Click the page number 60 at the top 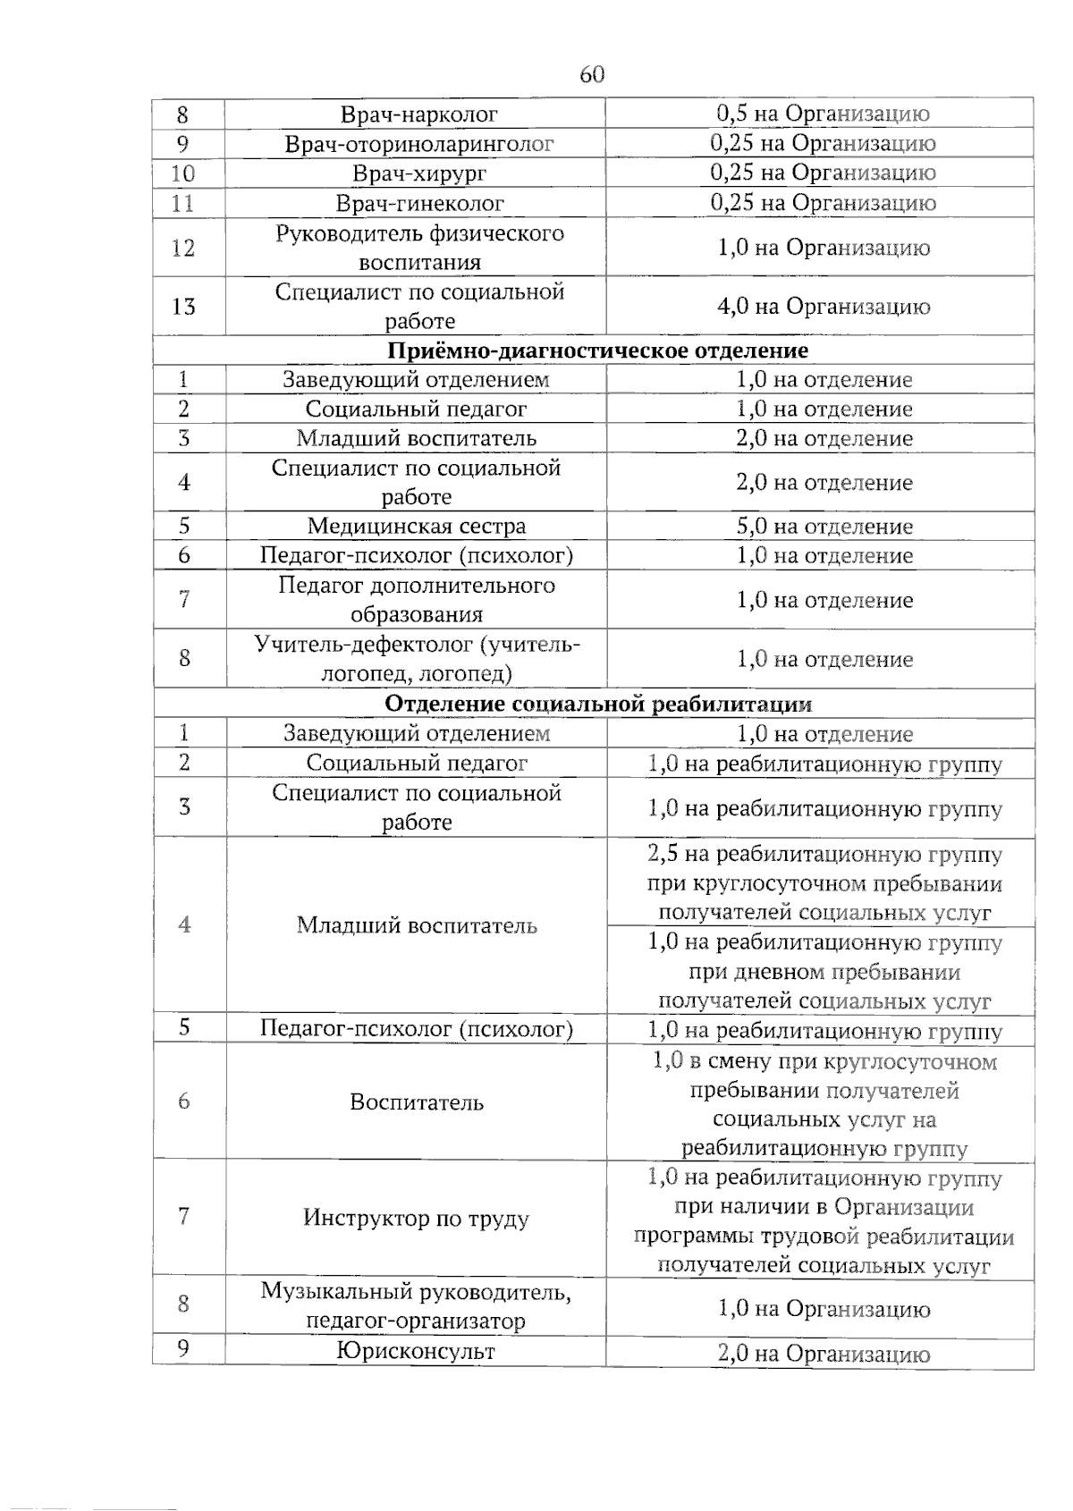592,74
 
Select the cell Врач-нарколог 418,114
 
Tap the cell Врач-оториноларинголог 418,144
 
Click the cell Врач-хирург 418,173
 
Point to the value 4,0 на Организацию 824,307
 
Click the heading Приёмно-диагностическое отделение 598,350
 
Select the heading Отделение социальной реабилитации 598,704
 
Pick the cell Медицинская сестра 417,527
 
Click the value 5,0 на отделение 824,527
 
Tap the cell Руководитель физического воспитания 418,248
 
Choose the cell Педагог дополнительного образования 417,600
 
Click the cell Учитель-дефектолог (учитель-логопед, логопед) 417,659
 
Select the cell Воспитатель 417,1102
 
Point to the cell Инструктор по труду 417,1218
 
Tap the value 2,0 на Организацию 824,1354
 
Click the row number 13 183,307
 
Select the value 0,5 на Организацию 824,114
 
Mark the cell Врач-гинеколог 418,204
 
